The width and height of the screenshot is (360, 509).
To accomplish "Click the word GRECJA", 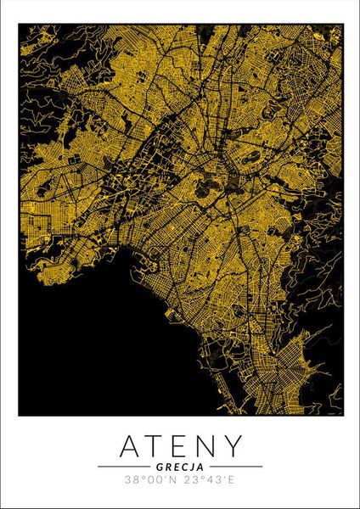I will (x=180, y=466).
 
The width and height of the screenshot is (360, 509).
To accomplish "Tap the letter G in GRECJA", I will (x=160, y=466).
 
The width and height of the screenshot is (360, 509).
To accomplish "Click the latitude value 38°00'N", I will (x=151, y=480).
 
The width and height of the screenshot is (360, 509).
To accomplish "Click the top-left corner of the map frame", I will (x=19, y=25).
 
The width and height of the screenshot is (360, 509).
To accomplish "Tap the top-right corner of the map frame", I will (x=342, y=25).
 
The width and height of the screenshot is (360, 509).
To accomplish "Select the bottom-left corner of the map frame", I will (x=19, y=416).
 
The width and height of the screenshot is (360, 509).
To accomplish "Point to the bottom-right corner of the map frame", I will (x=342, y=416).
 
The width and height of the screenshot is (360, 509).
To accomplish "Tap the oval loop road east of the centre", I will (x=250, y=158).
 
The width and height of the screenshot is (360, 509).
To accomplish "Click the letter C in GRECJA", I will (x=183, y=466).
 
